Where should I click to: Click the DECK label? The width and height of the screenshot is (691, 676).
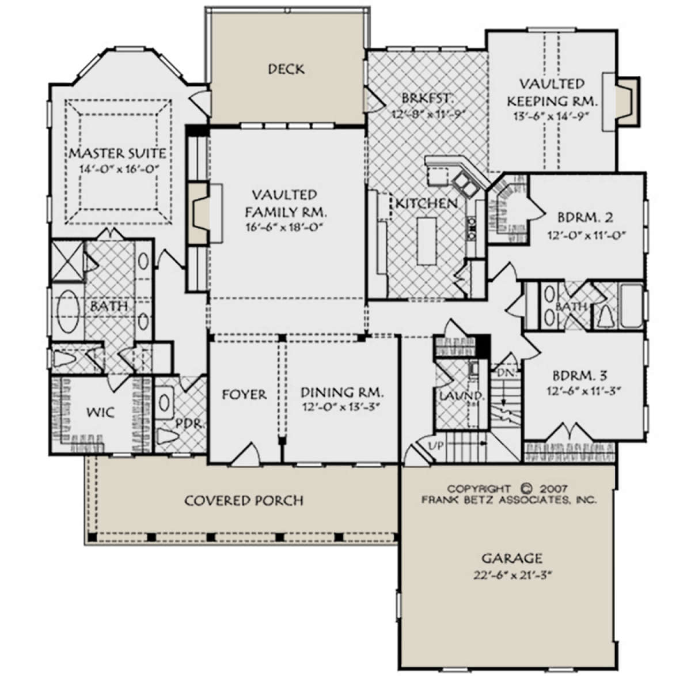point(286,69)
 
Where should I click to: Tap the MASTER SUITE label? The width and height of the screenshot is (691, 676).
point(117,153)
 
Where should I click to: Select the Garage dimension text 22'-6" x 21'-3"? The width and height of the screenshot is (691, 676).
point(512,575)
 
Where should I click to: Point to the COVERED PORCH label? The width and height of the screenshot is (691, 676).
point(244,501)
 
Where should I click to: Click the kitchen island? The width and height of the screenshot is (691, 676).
point(427,241)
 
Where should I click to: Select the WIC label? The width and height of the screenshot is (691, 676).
point(101,413)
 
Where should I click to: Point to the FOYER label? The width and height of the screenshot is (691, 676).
point(244,395)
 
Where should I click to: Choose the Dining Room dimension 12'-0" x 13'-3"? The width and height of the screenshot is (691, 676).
point(341,407)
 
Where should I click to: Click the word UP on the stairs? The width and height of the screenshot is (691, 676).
point(436,445)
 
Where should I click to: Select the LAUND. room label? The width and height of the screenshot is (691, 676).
point(462,395)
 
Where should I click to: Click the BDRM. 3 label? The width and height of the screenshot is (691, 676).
point(580,375)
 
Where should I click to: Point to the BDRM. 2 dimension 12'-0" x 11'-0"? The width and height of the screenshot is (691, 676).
point(586,235)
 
